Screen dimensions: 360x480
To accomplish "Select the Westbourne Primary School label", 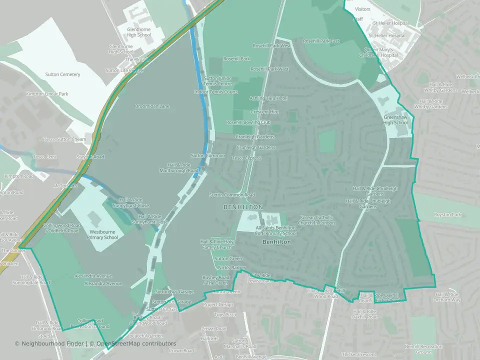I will click(103, 234).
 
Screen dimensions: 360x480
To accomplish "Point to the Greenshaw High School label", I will click(395, 120).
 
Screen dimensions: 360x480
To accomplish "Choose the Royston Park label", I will click(447, 215).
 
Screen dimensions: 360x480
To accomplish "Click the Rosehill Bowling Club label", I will click(248, 122).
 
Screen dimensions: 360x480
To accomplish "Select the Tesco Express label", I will click(246, 158).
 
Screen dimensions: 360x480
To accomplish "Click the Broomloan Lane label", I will click(152, 106).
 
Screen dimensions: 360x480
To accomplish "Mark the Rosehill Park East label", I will click(321, 41).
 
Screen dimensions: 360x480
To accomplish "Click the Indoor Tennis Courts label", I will click(216, 92).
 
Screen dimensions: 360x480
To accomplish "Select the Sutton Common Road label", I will click(232, 195).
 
